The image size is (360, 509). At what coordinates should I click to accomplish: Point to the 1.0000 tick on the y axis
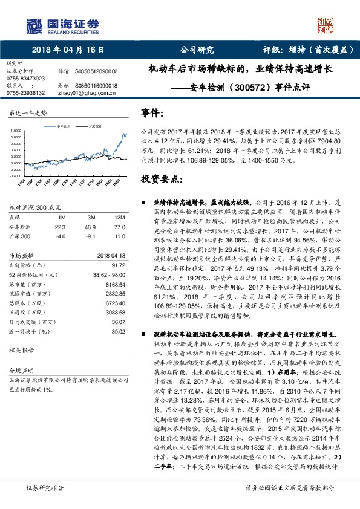[x=17, y=131]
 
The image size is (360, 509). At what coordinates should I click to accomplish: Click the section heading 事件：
[x=151, y=112]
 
